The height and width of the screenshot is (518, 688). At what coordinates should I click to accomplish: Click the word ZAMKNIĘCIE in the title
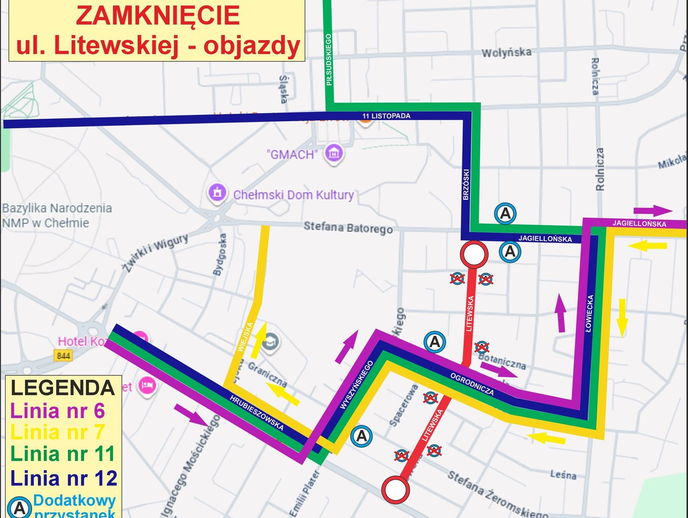pyautogui.click(x=157, y=16)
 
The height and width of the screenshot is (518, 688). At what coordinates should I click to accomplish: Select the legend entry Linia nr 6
pyautogui.click(x=57, y=411)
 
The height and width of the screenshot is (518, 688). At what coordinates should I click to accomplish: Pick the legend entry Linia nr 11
pyautogui.click(x=63, y=454)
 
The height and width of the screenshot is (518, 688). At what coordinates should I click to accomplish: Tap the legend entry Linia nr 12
pyautogui.click(x=63, y=478)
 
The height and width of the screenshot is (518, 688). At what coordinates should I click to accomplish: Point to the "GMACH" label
pyautogui.click(x=292, y=154)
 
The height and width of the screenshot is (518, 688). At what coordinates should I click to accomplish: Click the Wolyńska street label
pyautogui.click(x=506, y=53)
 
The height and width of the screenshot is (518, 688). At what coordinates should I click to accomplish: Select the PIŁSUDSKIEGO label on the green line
pyautogui.click(x=329, y=59)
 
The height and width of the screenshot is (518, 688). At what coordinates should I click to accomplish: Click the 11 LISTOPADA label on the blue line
pyautogui.click(x=386, y=116)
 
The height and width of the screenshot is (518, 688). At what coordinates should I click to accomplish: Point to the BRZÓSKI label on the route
pyautogui.click(x=466, y=185)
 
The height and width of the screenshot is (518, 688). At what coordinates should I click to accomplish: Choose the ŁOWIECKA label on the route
pyautogui.click(x=590, y=314)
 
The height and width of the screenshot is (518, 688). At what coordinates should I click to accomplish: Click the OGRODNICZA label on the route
pyautogui.click(x=472, y=384)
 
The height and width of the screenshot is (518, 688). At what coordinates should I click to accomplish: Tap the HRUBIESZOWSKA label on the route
pyautogui.click(x=256, y=413)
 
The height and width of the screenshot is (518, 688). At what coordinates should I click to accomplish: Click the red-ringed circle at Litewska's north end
pyautogui.click(x=474, y=254)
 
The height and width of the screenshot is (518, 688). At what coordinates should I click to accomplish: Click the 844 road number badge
pyautogui.click(x=63, y=356)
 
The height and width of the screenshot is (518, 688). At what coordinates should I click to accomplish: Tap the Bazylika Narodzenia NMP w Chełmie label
pyautogui.click(x=57, y=215)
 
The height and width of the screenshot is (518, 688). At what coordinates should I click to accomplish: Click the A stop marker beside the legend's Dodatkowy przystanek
pyautogui.click(x=19, y=508)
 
